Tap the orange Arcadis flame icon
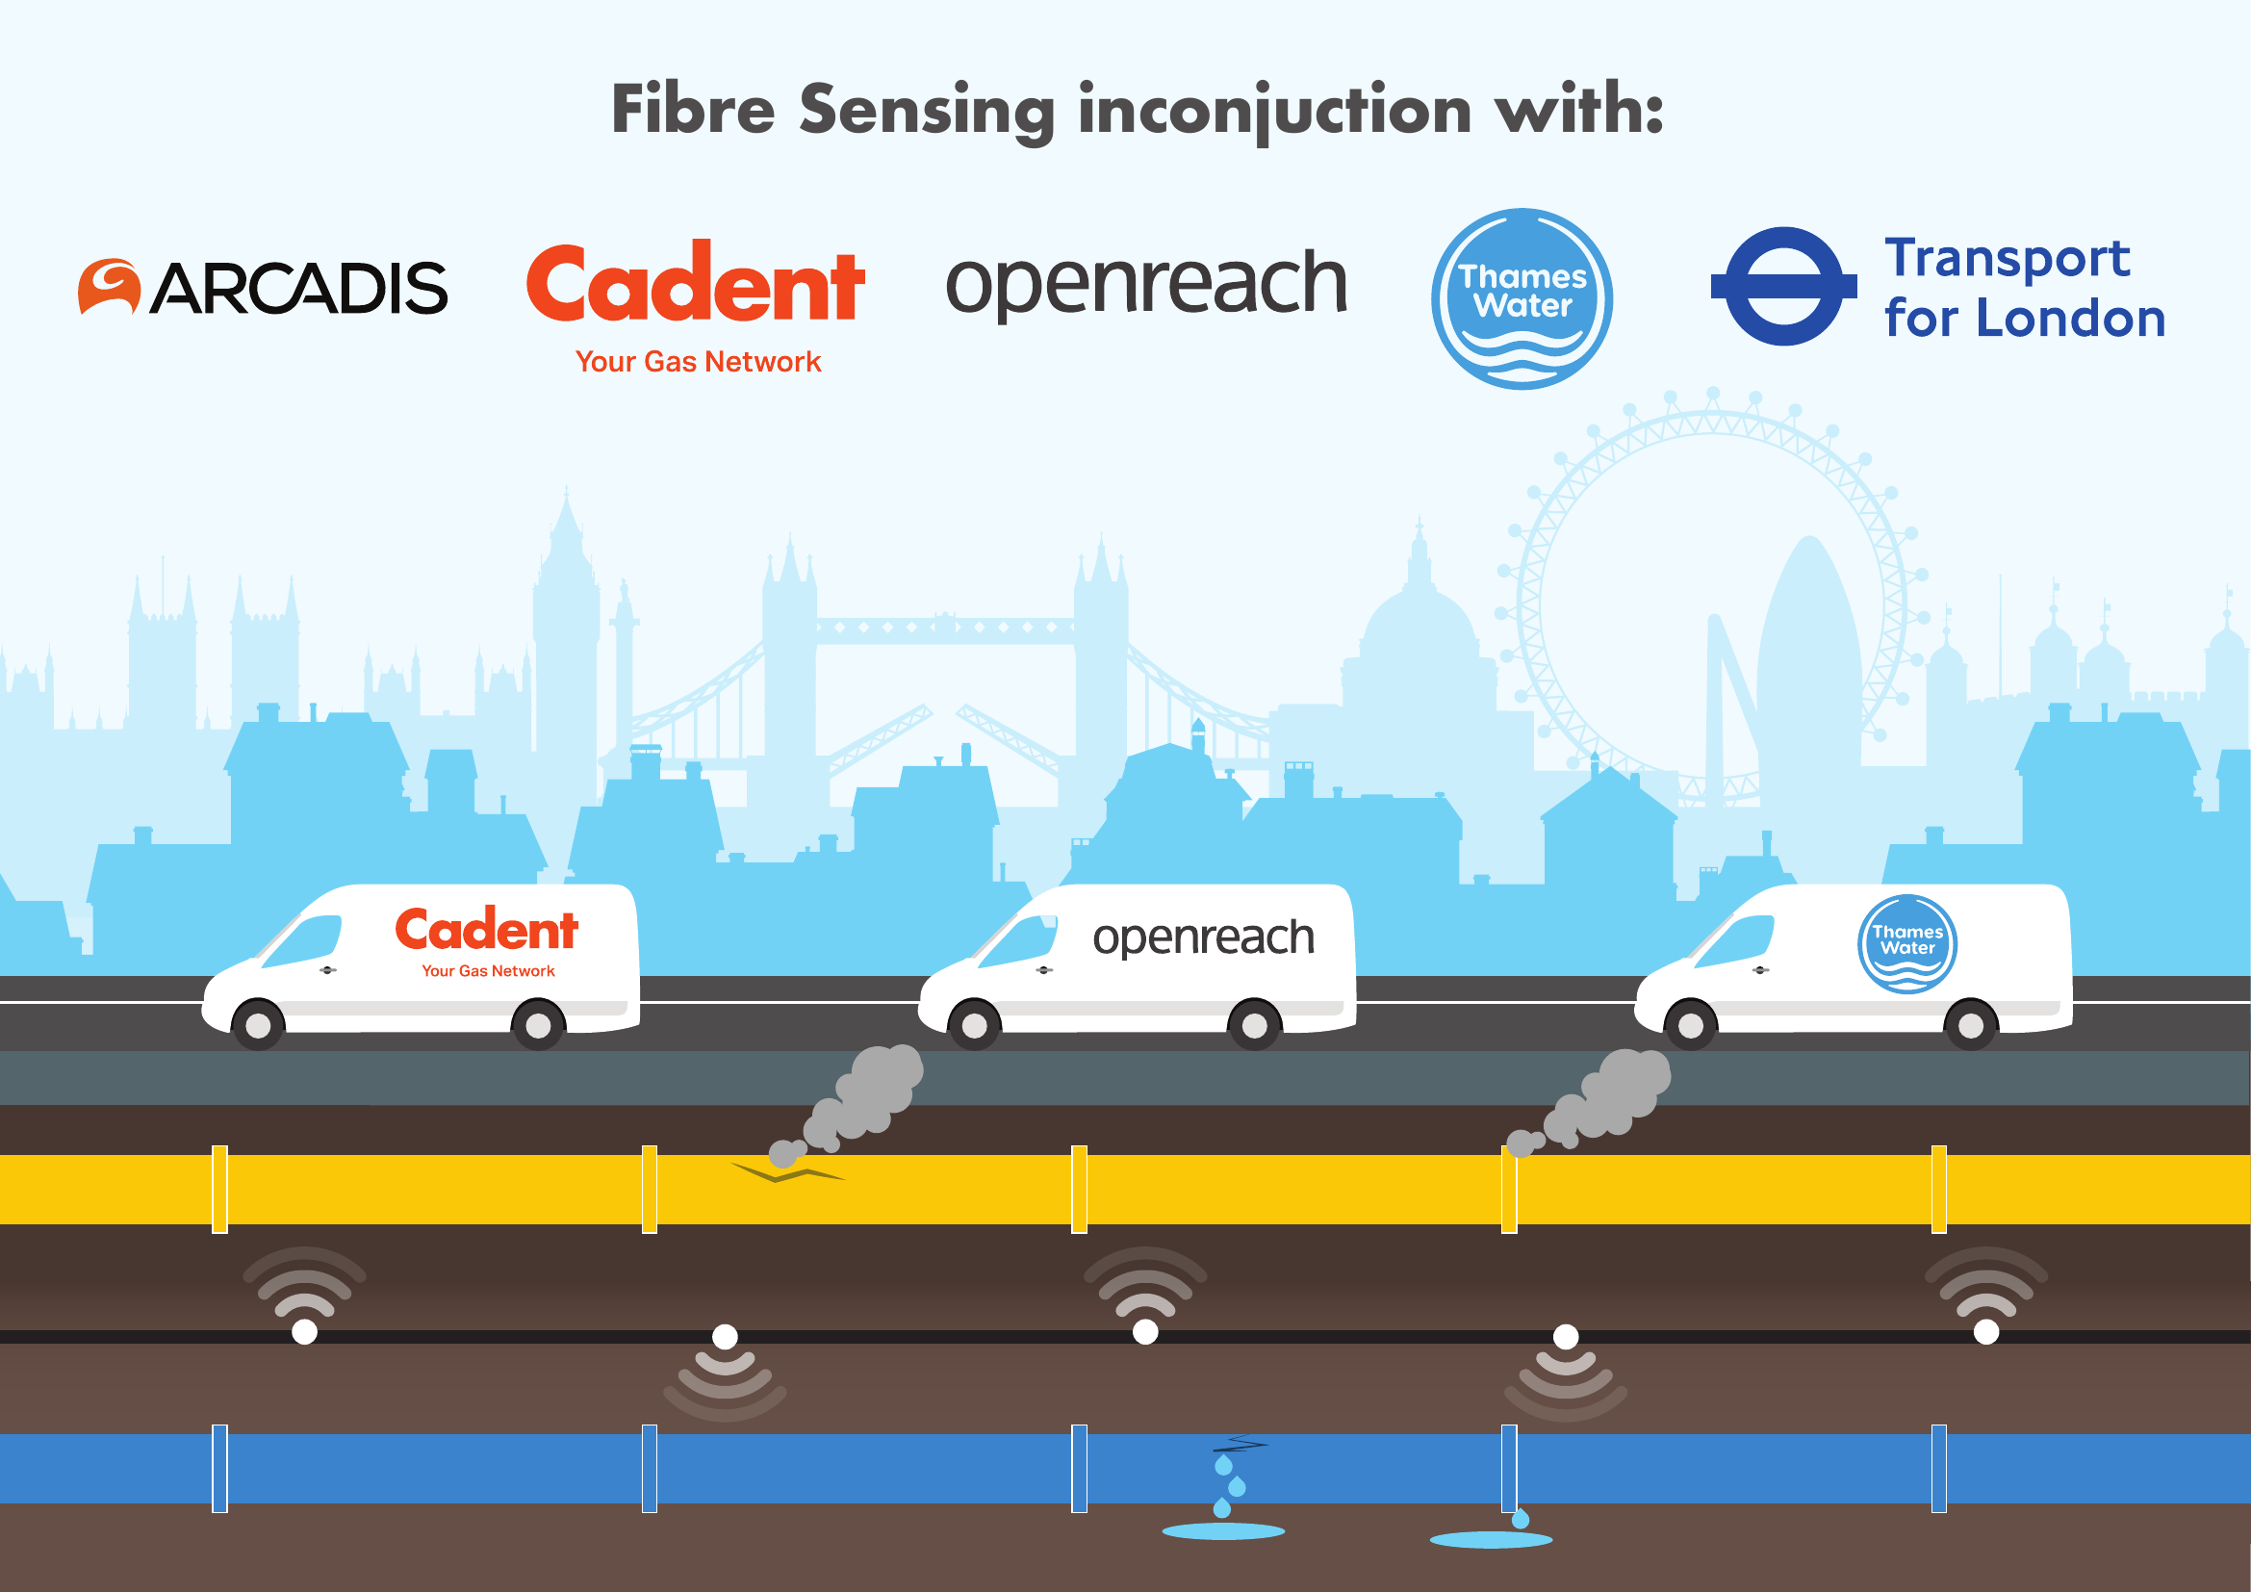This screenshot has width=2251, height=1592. pos(109,286)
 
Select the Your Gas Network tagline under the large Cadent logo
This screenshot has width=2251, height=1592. pos(697,362)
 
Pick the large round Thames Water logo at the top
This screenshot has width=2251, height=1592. pos(1522,298)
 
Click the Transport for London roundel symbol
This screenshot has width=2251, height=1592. pos(1783,286)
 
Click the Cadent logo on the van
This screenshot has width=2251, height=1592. pos(486,930)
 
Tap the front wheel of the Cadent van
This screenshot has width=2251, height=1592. pos(258,1025)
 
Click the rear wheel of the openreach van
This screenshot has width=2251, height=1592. pos(1254,1025)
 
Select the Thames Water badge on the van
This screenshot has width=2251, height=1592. pos(1906,944)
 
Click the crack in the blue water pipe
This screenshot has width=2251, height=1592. pos(1241,1444)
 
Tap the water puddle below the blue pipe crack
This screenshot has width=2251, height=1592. pos(1222,1531)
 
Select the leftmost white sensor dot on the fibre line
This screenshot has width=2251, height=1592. pos(305,1332)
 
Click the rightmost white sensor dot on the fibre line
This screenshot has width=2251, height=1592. pos(1986,1332)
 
